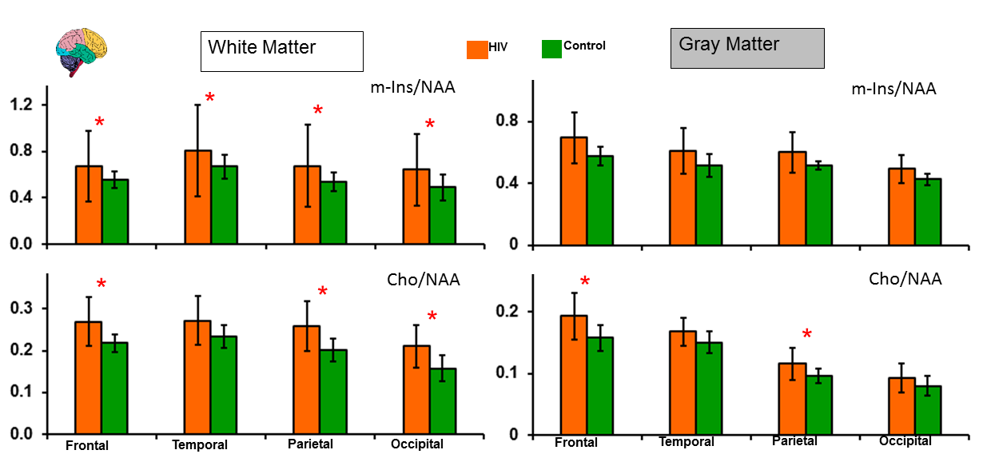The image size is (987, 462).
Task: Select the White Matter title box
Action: (x=281, y=51)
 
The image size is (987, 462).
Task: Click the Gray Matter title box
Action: (x=746, y=48)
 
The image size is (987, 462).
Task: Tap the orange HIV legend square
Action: (x=477, y=49)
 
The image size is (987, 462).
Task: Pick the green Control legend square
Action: (x=551, y=48)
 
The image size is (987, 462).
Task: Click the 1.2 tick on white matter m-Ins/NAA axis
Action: (x=24, y=105)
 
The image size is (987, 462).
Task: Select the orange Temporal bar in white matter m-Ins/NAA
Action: (x=197, y=197)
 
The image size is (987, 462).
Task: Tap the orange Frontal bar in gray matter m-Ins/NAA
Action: (x=573, y=191)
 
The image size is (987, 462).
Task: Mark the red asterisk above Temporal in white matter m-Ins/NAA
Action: (x=209, y=98)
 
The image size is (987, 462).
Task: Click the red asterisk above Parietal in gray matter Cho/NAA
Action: (x=807, y=335)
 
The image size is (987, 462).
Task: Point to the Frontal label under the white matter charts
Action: (x=87, y=445)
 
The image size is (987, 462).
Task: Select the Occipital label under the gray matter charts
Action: (x=905, y=441)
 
